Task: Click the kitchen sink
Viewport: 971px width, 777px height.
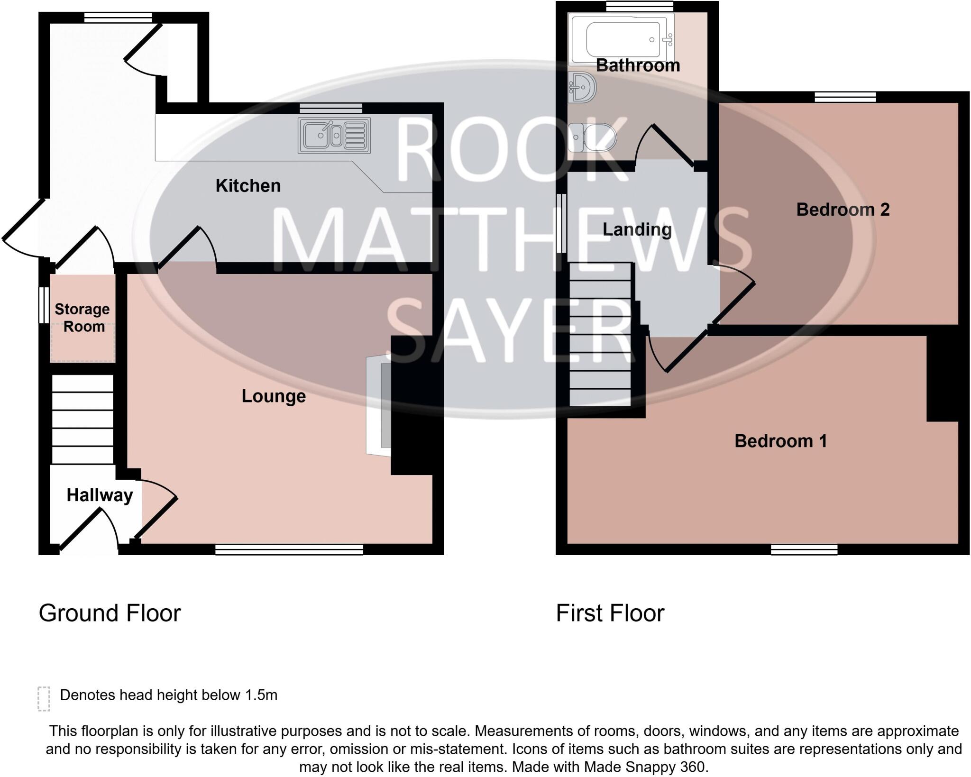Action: click(334, 136)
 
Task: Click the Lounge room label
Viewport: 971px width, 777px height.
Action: click(274, 396)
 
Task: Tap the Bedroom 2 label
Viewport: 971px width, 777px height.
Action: click(843, 210)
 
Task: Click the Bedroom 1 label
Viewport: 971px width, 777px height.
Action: click(780, 441)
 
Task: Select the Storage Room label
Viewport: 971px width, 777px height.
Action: click(82, 318)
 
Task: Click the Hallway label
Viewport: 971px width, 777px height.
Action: click(100, 495)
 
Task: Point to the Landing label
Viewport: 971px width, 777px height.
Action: click(637, 229)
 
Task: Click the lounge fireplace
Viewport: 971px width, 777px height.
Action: click(379, 406)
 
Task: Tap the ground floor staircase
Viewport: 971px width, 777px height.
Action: click(82, 419)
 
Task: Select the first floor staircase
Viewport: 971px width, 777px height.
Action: click(600, 335)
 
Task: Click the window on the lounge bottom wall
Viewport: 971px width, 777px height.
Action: click(289, 549)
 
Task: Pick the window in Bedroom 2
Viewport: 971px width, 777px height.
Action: click(845, 97)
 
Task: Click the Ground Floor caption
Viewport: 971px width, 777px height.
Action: click(110, 613)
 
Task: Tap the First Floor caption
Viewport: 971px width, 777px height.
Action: click(610, 613)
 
